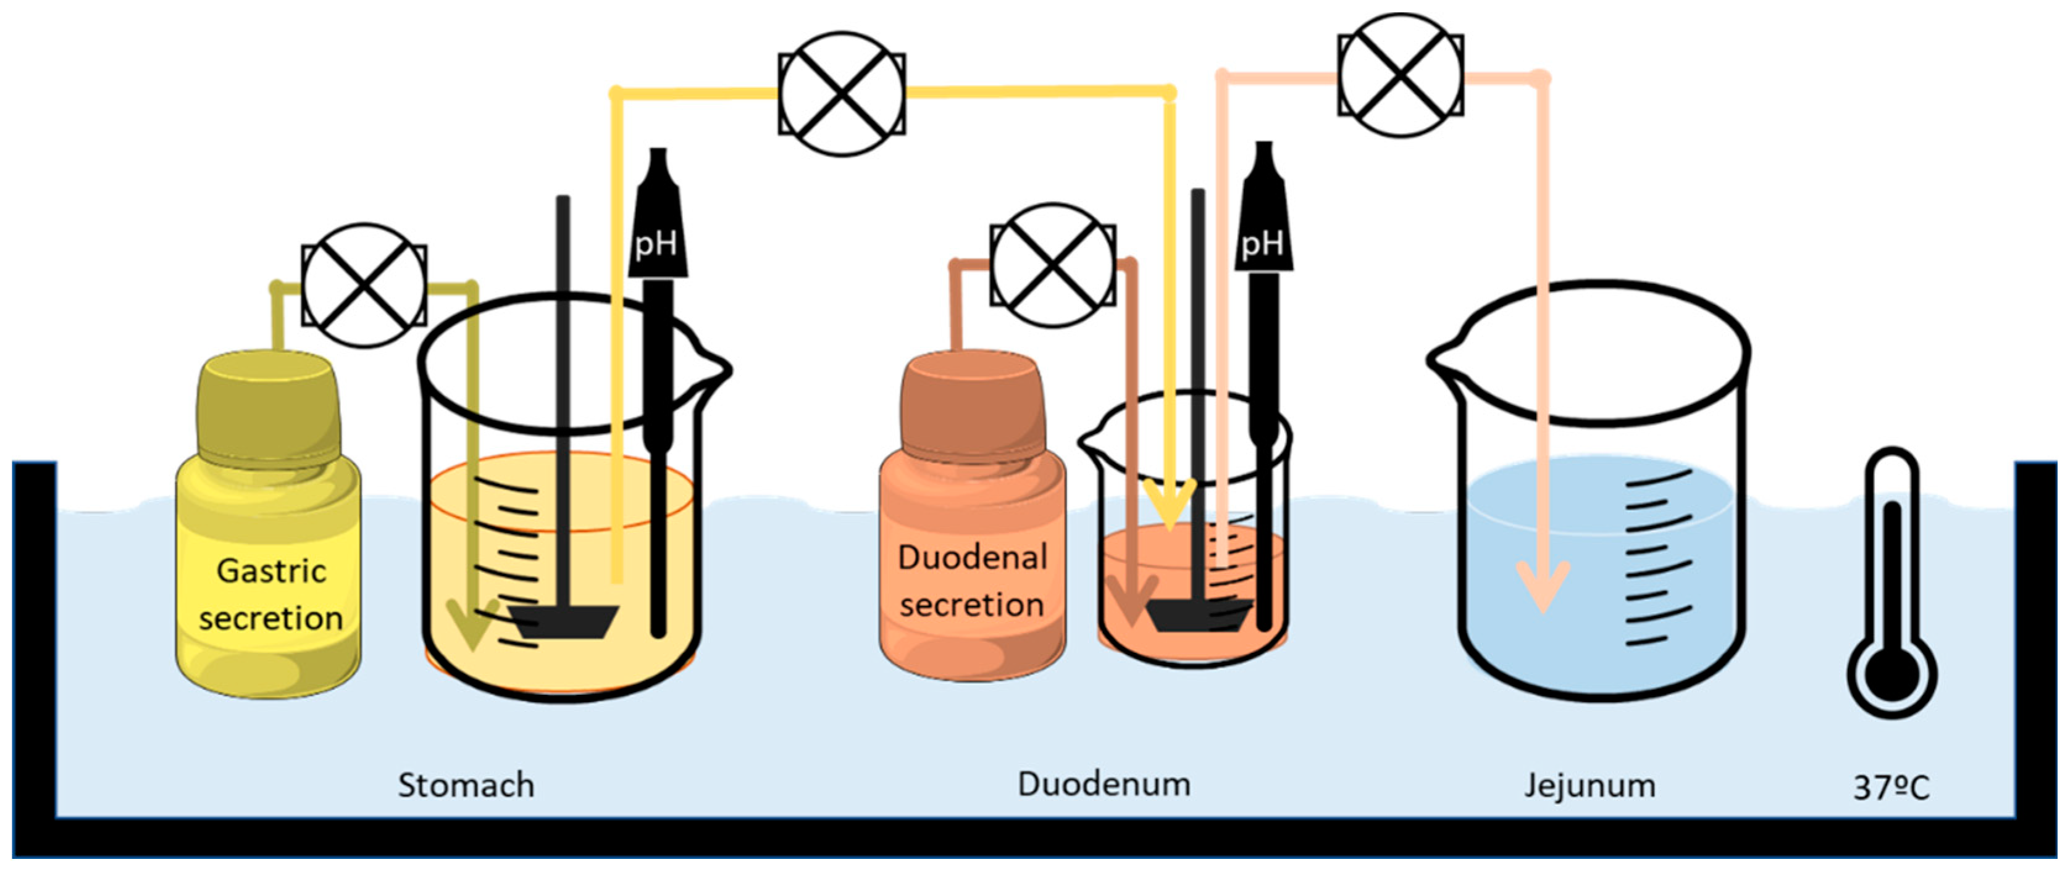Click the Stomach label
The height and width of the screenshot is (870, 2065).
[466, 785]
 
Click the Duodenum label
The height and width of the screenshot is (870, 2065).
[1104, 784]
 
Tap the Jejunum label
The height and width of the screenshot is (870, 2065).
[1590, 785]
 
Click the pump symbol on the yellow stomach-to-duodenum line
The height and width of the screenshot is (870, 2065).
[842, 94]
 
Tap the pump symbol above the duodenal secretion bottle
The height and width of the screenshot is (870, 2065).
[1052, 264]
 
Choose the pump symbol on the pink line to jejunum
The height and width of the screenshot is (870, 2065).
[1400, 75]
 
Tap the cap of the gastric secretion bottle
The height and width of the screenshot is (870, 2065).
[268, 408]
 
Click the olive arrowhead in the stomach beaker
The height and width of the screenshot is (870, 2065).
[473, 625]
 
